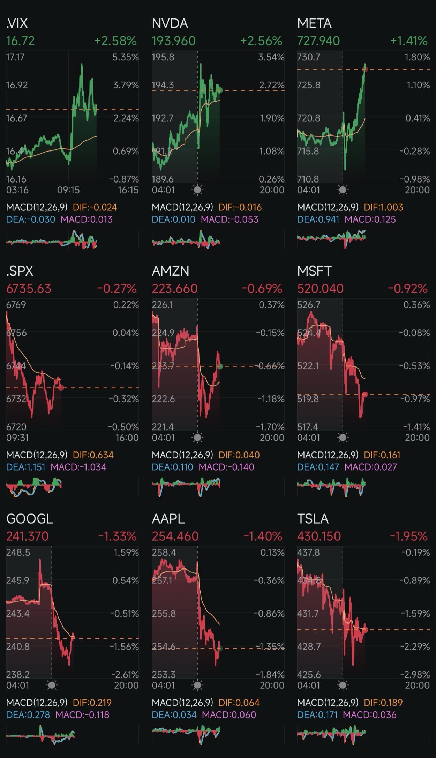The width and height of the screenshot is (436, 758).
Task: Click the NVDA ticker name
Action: tap(170, 23)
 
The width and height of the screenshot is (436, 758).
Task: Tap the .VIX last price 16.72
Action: tap(21, 41)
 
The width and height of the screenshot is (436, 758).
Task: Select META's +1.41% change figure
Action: tap(409, 41)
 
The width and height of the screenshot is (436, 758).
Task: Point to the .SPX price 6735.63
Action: tap(29, 288)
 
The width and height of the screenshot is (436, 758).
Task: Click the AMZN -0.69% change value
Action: tap(262, 288)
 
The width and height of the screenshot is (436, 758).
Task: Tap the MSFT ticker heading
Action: tap(314, 271)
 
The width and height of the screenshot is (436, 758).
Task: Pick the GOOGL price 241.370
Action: tap(27, 536)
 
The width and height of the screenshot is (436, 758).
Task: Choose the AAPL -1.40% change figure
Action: tap(263, 536)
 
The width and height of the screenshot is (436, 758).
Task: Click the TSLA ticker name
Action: tap(313, 519)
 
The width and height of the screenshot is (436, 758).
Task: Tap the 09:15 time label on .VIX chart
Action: tap(68, 190)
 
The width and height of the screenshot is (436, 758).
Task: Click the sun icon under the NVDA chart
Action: tap(197, 190)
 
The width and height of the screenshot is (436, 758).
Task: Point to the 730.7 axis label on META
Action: tap(308, 57)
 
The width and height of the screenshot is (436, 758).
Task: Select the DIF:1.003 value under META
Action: tap(383, 207)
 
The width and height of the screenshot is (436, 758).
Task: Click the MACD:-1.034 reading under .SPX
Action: tap(78, 467)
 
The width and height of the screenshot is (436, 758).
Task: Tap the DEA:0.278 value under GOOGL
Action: tap(28, 714)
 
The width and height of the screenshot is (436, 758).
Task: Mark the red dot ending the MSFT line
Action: tap(365, 394)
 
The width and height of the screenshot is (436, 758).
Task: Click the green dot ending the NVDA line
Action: tap(220, 90)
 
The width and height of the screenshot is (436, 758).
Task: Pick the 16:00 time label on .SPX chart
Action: tap(127, 438)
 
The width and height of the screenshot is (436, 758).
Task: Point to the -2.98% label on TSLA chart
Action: tap(415, 674)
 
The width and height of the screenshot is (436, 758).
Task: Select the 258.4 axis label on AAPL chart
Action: tap(164, 552)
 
